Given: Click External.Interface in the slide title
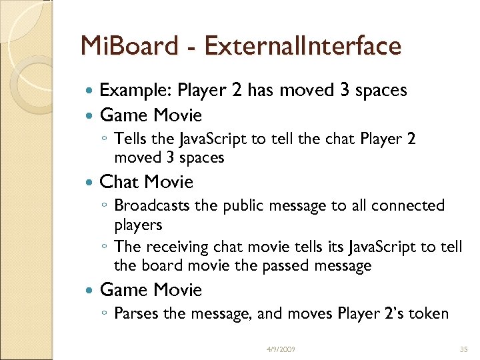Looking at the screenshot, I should click(303, 46).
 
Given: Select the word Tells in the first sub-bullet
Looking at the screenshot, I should click(131, 139).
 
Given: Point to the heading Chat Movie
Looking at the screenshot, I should click(146, 181).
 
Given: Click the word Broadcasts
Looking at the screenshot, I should click(153, 205).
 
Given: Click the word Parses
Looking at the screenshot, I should click(135, 313).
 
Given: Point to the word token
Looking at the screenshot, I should click(426, 313).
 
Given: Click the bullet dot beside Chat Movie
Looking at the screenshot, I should click(91, 182).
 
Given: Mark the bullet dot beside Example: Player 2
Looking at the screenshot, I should click(91, 91).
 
